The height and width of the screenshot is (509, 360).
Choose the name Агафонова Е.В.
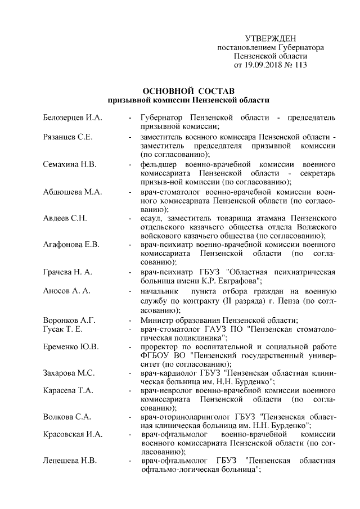(x=71, y=245)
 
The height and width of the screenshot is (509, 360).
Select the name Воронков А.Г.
(x=69, y=319)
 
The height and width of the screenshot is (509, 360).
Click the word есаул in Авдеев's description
(x=152, y=219)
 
